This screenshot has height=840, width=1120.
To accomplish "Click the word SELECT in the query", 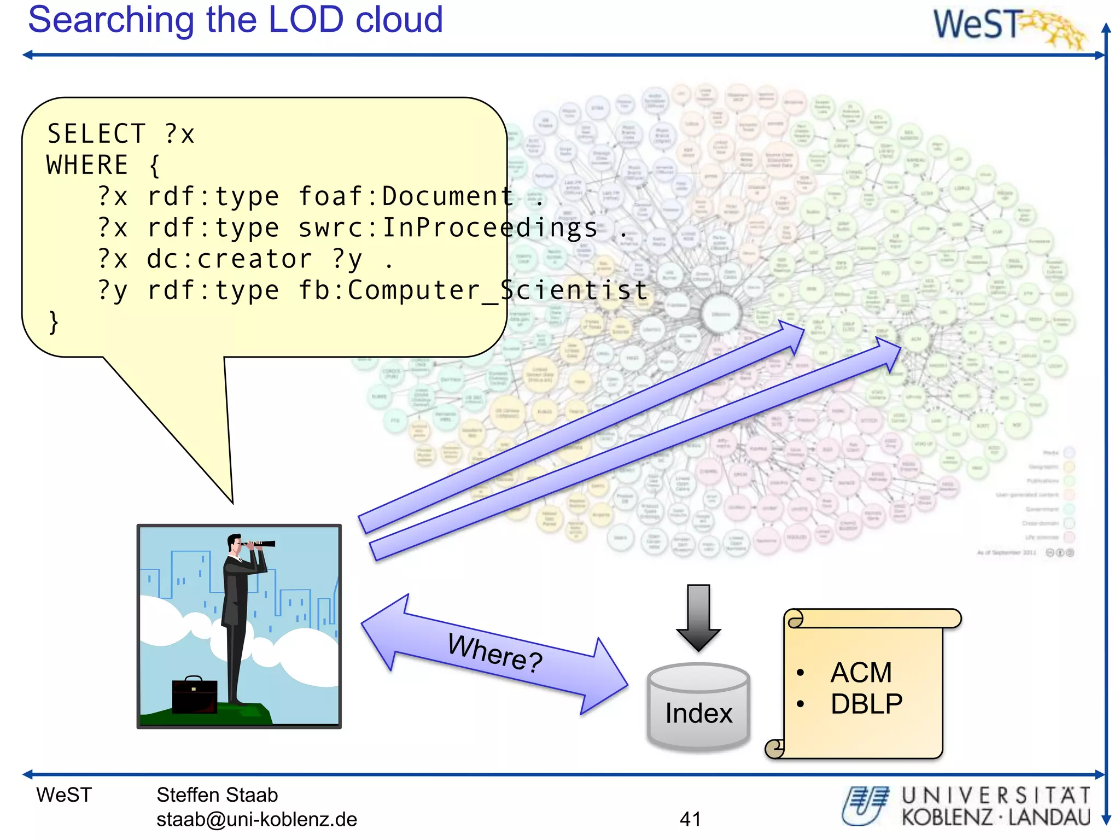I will pyautogui.click(x=96, y=134).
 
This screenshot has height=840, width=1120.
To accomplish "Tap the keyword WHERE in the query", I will pyautogui.click(x=87, y=165).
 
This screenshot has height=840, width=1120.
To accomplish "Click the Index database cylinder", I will pyautogui.click(x=698, y=708).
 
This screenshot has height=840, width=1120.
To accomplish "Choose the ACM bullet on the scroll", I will pyautogui.click(x=861, y=672).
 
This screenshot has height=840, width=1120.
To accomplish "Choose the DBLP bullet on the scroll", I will pyautogui.click(x=866, y=704).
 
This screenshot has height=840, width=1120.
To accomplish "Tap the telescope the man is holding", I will pyautogui.click(x=259, y=544).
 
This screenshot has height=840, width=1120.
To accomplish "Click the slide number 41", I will pyautogui.click(x=690, y=819).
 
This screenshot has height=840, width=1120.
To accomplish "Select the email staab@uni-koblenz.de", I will pyautogui.click(x=256, y=819).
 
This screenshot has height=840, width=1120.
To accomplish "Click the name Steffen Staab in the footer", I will pyautogui.click(x=217, y=795).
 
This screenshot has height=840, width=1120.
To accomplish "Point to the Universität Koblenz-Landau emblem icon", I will pyautogui.click(x=865, y=805).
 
